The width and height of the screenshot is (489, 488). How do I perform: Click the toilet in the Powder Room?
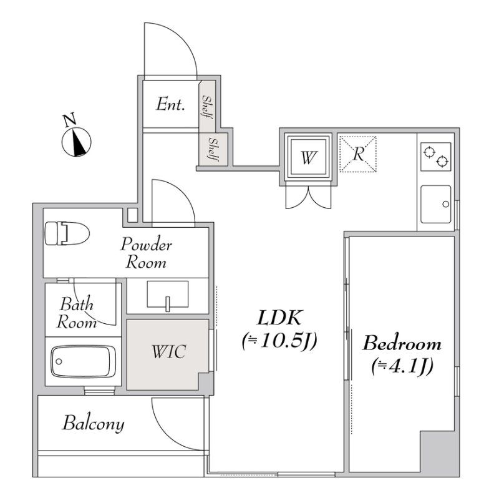67,233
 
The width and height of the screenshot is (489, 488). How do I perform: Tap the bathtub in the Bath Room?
84,362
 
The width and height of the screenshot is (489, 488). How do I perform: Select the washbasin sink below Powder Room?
167,294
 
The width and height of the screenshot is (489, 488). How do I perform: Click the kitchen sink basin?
435,205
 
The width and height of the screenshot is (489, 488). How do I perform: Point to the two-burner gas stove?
435,157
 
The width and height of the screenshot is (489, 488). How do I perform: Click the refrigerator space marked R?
358,154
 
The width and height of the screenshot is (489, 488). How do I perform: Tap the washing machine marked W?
308,157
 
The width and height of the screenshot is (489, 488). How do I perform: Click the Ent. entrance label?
170,104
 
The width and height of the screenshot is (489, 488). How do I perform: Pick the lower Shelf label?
213,149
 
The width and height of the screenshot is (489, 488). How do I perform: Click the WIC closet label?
168,352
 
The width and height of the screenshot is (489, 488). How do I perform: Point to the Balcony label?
94,424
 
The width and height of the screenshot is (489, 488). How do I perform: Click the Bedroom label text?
402,343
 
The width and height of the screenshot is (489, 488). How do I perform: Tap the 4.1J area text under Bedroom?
402,367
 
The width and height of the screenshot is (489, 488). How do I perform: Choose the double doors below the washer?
308,197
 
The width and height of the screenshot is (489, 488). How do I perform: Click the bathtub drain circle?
59,362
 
